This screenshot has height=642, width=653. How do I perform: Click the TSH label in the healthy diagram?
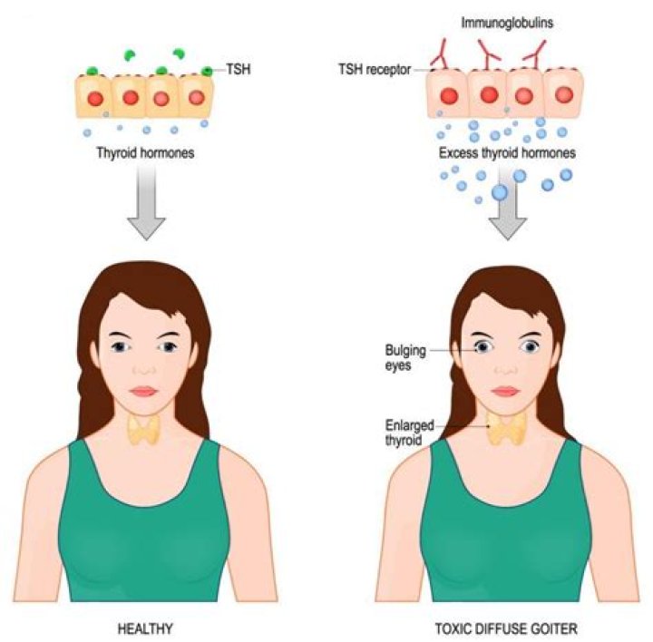(x=239, y=70)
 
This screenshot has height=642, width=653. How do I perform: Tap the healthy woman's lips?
(x=143, y=391)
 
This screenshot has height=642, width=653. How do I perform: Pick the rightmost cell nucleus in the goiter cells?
(x=563, y=94)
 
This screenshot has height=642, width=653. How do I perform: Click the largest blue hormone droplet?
(x=500, y=192)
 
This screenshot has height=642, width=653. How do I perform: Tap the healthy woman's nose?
(x=143, y=370)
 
